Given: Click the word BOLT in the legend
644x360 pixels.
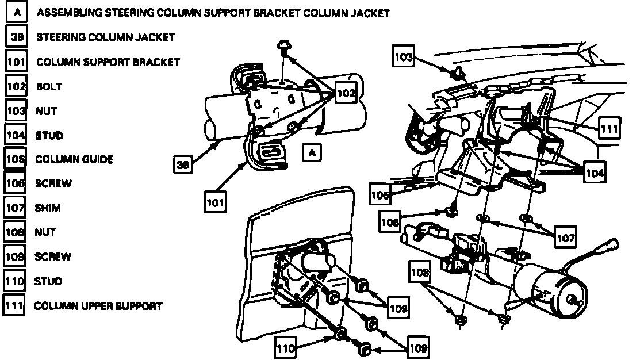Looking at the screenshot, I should (49, 87).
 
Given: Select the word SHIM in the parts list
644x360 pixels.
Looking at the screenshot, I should (48, 208).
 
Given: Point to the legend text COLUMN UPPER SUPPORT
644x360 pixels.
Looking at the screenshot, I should (98, 306).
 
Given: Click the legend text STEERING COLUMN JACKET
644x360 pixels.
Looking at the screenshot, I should (105, 37).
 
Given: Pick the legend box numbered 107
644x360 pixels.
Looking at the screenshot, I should (14, 208).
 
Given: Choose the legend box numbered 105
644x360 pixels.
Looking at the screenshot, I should (14, 159).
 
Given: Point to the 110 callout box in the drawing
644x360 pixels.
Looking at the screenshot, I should (286, 348).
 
